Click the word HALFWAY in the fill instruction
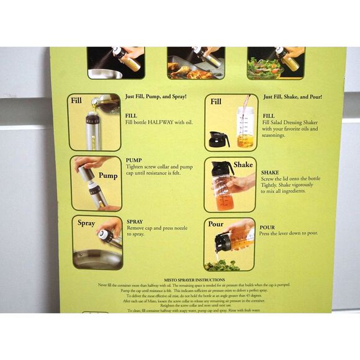[x=162, y=122]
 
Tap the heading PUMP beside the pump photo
[x=133, y=160]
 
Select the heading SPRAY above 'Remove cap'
[x=135, y=222]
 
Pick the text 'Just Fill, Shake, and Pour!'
[x=292, y=97]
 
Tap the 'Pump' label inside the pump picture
[x=107, y=176]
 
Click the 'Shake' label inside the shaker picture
[x=243, y=165]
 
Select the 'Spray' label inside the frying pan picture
[x=86, y=223]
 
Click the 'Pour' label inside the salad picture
[x=216, y=224]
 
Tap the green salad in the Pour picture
[x=222, y=265]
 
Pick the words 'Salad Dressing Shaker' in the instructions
[x=294, y=122]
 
